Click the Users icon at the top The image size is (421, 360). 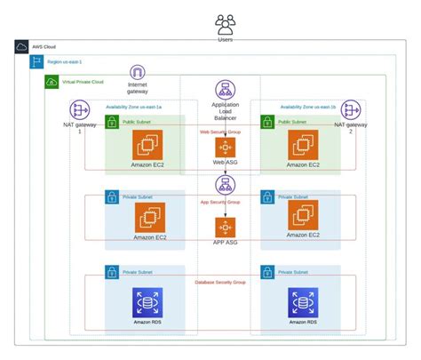(225, 23)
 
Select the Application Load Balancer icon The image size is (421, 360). (225, 90)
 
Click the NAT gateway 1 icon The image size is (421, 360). (81, 109)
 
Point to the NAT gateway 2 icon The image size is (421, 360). (351, 109)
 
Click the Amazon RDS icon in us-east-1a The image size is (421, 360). (147, 302)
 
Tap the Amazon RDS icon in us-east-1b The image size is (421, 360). (302, 302)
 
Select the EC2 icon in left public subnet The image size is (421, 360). (147, 145)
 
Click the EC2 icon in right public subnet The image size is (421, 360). (302, 145)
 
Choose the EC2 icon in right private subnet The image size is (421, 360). (302, 214)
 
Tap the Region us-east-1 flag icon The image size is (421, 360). (36, 62)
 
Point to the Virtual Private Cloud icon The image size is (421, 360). (52, 82)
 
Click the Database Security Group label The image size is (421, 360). (225, 281)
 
